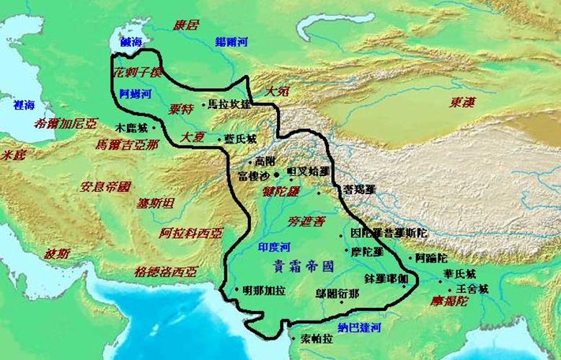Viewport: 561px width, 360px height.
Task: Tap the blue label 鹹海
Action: point(133,44)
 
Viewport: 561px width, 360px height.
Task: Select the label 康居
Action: point(186,25)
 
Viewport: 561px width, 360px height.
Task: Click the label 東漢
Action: point(461,102)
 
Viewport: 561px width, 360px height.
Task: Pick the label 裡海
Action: point(24,105)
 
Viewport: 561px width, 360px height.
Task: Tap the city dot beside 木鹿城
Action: point(153,126)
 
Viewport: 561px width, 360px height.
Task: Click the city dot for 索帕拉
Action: point(293,337)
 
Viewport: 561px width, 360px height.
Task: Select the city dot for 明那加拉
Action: point(237,290)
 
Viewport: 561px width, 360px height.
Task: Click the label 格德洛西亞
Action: point(164,272)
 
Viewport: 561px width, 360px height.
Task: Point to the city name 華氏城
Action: point(460,274)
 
